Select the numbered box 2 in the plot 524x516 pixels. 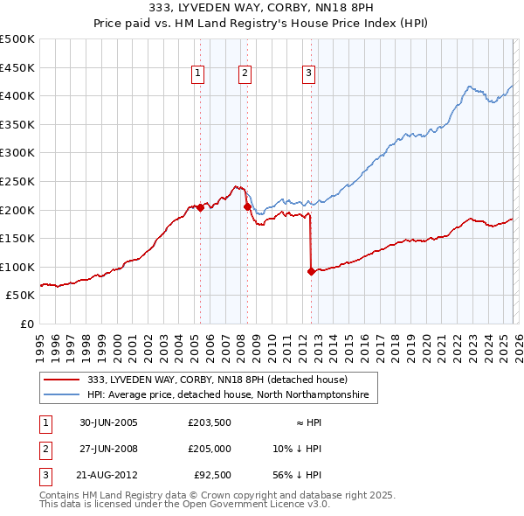tap(245, 74)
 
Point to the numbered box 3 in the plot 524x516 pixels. tap(309, 74)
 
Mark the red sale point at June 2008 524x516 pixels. tap(247, 207)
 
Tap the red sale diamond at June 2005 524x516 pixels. tap(201, 208)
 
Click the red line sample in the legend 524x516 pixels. tap(63, 380)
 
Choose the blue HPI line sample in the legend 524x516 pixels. tap(63, 394)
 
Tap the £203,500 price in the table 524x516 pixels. tap(209, 422)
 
